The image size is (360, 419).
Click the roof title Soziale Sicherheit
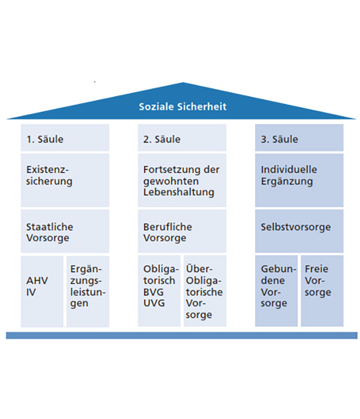(183, 107)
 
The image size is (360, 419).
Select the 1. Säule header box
(65, 138)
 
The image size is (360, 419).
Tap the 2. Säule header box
(182, 138)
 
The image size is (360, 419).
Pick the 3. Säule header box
(300, 138)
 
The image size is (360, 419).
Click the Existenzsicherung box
(65, 180)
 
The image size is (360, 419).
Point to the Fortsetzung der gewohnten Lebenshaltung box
(182, 180)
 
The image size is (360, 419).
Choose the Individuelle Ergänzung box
(300, 180)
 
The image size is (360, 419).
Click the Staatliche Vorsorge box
(65, 231)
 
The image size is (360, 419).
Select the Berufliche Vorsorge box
(182, 231)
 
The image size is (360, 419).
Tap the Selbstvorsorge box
(300, 231)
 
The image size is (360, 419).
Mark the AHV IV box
(42, 292)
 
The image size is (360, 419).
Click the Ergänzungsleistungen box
(88, 292)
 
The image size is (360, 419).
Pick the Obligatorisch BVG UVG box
(159, 291)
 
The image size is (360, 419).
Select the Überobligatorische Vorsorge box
(205, 291)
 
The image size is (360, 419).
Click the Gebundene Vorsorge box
(276, 291)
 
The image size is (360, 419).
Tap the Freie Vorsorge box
(322, 291)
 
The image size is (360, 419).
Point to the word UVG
(154, 303)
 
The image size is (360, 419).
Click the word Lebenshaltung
(179, 192)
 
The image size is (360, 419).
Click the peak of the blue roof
(183, 83)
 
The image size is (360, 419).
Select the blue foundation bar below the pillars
(181, 336)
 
